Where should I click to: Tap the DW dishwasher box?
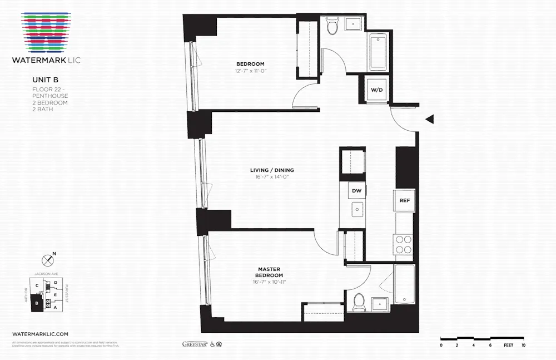pos(357,191)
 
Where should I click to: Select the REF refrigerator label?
pos(404,200)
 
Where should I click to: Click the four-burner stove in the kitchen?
pos(403,243)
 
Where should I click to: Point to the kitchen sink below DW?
pos(357,210)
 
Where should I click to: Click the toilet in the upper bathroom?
pos(332,26)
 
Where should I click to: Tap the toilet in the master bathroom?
pos(359,302)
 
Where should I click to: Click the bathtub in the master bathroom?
pos(404,284)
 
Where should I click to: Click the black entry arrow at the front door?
pos(429,119)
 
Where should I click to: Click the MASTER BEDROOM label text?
pos(269,272)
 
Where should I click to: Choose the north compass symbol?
pos(48,260)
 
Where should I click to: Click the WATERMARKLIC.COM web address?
pos(40,333)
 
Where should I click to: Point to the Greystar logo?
pos(195,344)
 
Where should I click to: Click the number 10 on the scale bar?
pos(523,346)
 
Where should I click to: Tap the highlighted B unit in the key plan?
pos(37,303)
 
